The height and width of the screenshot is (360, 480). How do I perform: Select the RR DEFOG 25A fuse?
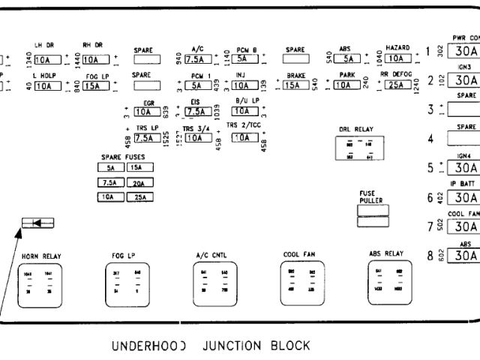point(394,85)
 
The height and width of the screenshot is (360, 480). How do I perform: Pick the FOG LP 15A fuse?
point(95,85)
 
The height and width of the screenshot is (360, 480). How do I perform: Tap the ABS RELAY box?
point(387,283)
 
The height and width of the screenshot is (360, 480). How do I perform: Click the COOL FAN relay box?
point(301,283)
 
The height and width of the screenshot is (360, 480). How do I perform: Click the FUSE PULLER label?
point(367,196)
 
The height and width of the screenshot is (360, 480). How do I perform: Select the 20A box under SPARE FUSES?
point(139,182)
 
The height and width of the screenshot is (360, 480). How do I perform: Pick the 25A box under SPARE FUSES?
point(139,197)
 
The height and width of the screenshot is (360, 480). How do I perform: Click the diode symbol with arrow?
point(37,222)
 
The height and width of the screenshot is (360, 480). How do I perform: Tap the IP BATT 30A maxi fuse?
point(465,197)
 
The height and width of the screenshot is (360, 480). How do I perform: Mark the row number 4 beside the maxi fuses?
point(430,139)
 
